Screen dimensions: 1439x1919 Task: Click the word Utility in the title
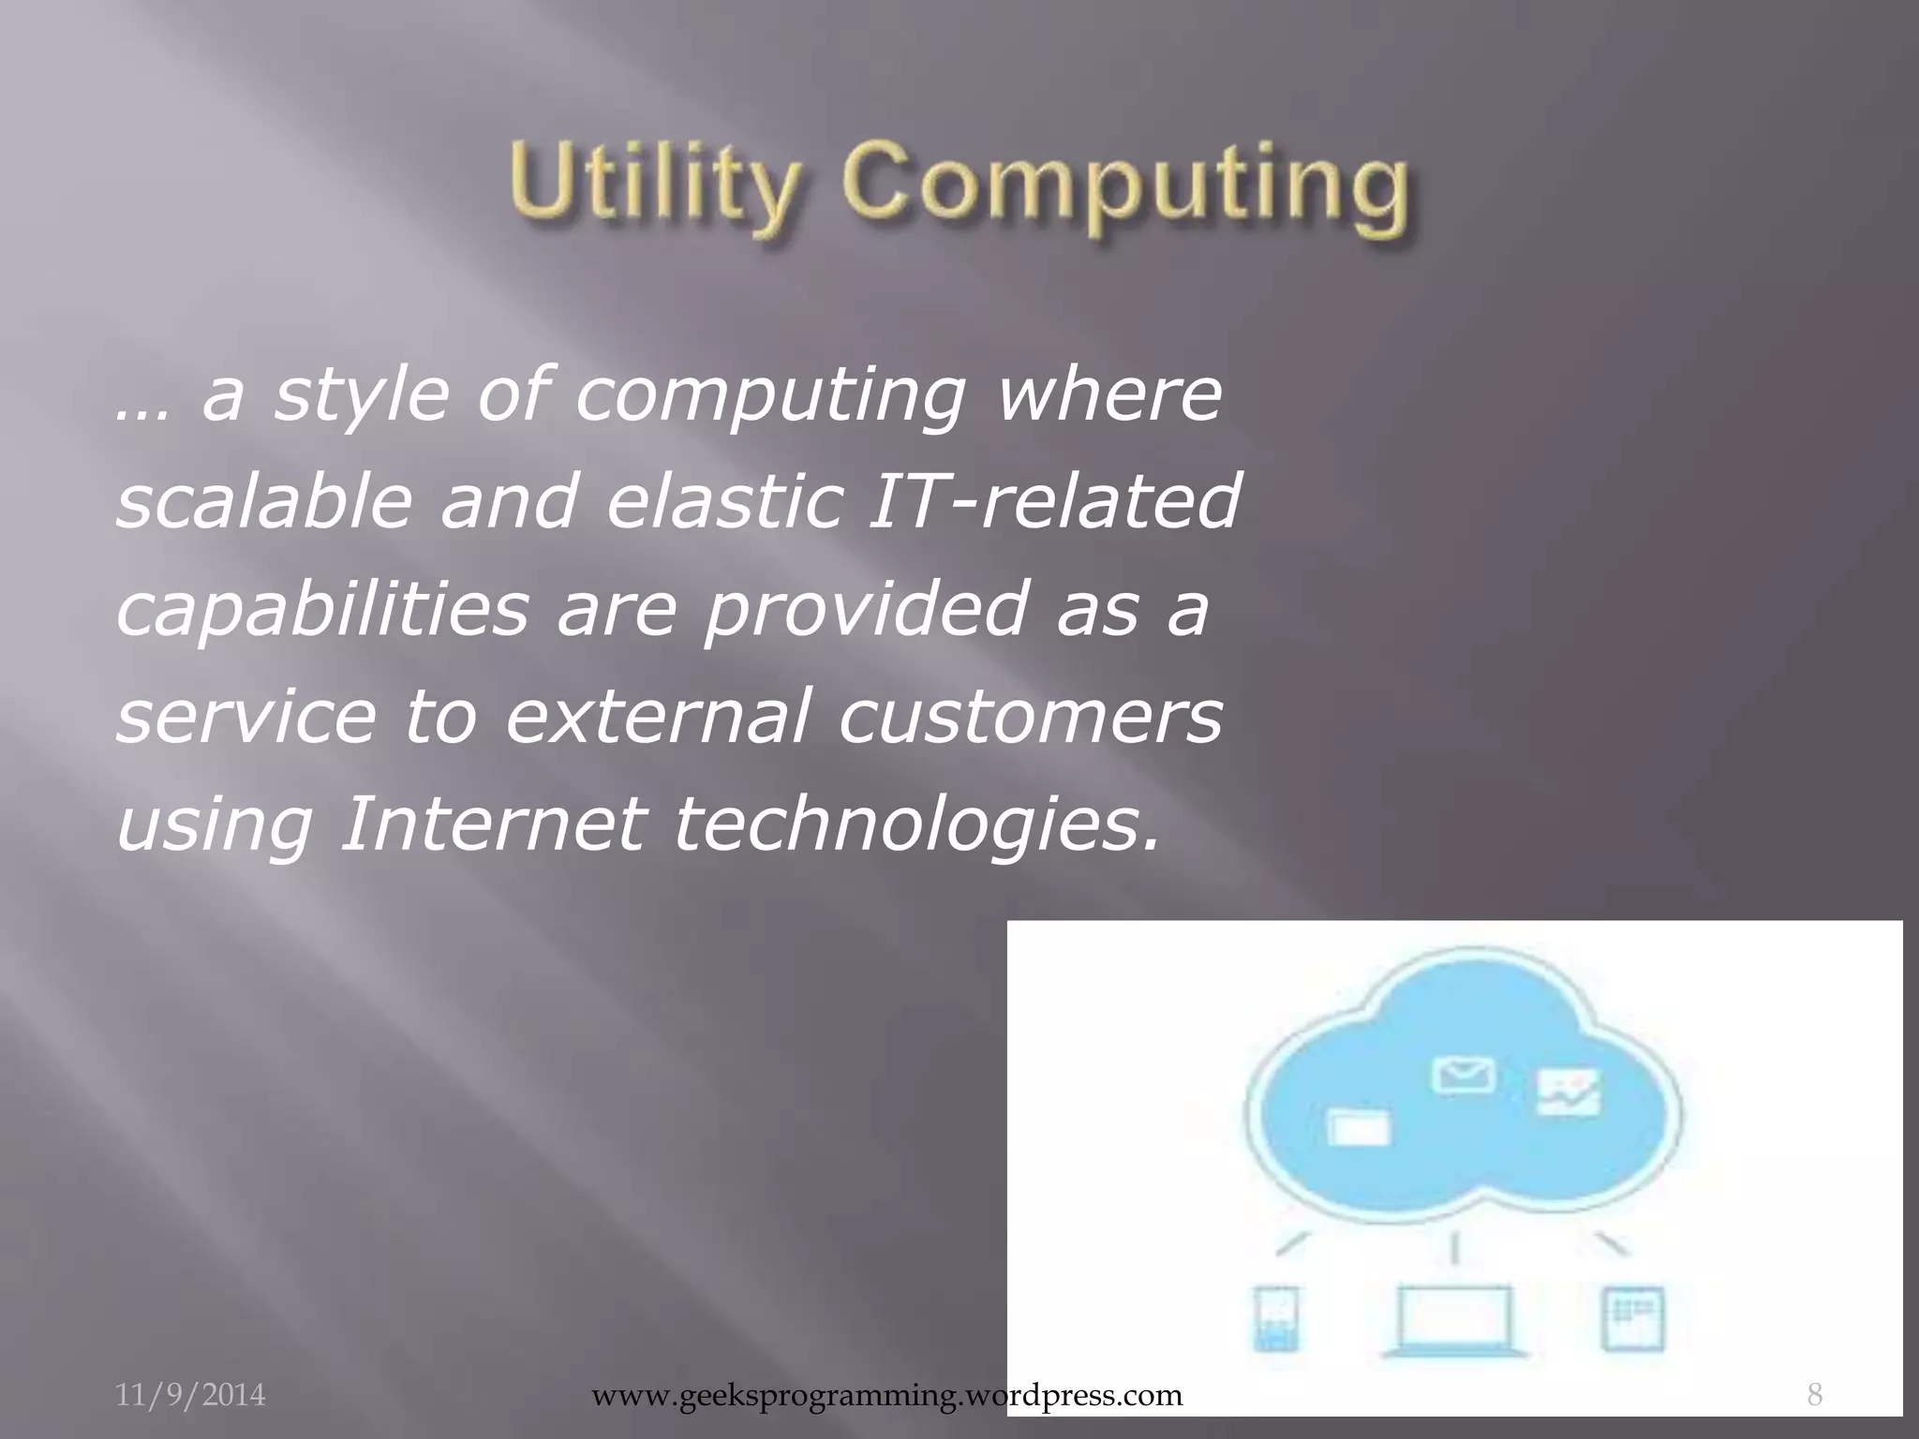(x=656, y=184)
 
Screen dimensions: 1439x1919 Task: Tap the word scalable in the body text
(x=263, y=500)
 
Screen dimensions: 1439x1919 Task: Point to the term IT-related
(x=1055, y=500)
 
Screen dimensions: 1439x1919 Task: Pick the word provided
(x=863, y=609)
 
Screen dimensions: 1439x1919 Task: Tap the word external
(x=656, y=717)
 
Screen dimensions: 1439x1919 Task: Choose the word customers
(x=1031, y=717)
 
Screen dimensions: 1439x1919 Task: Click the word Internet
(x=493, y=824)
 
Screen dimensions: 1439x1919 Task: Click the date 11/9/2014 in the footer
(x=190, y=1395)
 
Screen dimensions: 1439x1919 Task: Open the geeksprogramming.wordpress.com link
(x=887, y=1395)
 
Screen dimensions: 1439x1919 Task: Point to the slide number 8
(x=1814, y=1395)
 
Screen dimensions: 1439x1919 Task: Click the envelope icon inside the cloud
(x=1463, y=1075)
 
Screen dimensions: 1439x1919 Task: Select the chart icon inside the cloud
(x=1569, y=1091)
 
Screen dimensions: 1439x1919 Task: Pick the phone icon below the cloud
(x=1276, y=1318)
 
